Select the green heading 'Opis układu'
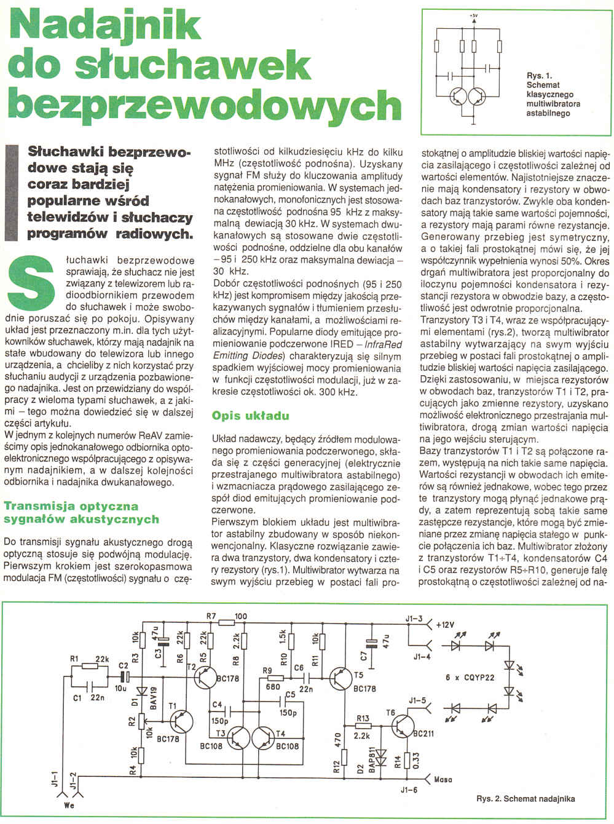coord(250,416)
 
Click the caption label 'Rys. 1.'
coord(539,76)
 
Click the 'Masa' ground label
coord(443,779)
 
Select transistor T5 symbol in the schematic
coord(340,678)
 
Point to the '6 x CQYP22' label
coord(470,677)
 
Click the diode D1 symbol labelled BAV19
coord(142,691)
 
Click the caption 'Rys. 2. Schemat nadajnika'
coord(525,799)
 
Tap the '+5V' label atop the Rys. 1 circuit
coord(473,14)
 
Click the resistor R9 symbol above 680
coord(275,678)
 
